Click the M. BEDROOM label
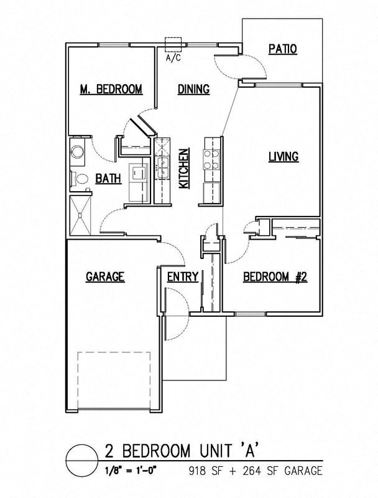[x=111, y=89]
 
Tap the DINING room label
[x=193, y=89]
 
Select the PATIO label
[x=282, y=49]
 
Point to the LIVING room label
[x=283, y=156]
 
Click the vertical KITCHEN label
[x=184, y=169]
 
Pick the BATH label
[x=108, y=179]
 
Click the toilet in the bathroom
[x=79, y=179]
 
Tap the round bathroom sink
[x=78, y=153]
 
